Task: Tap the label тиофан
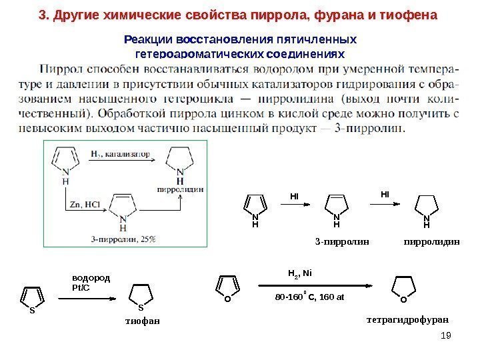tap(143, 322)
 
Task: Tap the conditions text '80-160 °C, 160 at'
tap(309, 295)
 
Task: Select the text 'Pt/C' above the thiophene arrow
tap(79, 287)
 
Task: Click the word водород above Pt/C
tap(90, 279)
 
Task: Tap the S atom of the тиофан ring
tap(141, 307)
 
